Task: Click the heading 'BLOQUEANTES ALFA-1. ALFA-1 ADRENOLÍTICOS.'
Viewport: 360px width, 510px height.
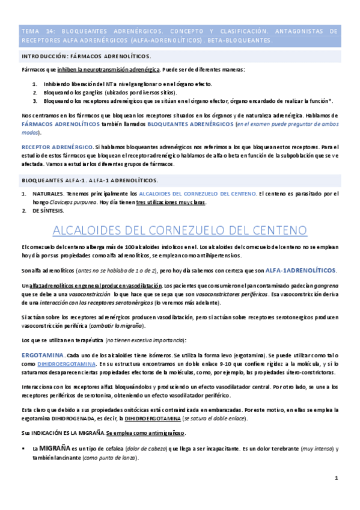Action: coord(90,180)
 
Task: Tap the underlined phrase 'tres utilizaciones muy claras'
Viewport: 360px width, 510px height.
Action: coord(171,203)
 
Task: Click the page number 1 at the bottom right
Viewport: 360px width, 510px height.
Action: coord(337,478)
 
